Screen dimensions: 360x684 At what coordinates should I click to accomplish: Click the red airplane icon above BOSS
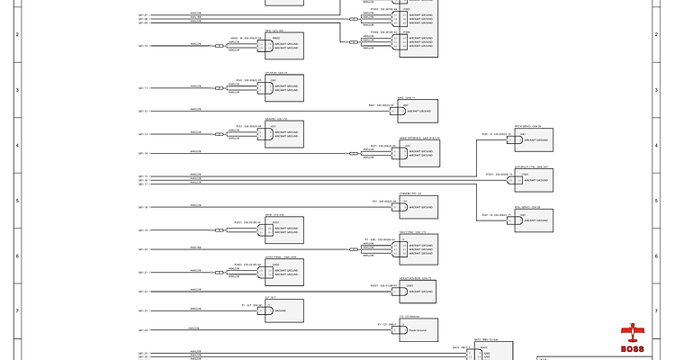coord(633,332)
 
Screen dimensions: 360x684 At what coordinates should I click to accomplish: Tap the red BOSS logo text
coord(633,349)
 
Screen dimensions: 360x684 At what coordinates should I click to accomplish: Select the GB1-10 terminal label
coord(143,46)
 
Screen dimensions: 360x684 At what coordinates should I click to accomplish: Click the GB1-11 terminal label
coord(143,88)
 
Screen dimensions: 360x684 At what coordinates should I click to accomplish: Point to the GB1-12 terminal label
coord(143,112)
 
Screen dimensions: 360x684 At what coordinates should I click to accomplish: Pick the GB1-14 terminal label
coord(143,153)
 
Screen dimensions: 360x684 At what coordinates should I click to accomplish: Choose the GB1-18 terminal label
coord(143,207)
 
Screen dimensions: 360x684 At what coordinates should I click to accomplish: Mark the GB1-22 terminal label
coord(143,292)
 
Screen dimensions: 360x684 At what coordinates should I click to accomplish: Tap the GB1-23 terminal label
coord(143,311)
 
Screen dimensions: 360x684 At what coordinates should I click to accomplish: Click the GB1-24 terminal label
coord(143,330)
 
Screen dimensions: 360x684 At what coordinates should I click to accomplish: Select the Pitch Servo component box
coord(532,140)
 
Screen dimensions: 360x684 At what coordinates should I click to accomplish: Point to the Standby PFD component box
coord(418,207)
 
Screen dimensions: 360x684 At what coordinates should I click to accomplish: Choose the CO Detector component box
coord(418,330)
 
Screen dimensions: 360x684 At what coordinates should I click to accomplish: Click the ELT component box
coord(283,311)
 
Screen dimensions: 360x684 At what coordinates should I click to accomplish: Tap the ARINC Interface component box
coord(418,153)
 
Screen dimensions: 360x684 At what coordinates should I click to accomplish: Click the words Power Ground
coord(418,330)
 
